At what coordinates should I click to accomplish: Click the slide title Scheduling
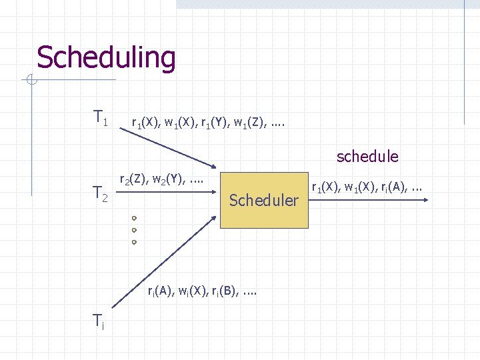pyautogui.click(x=106, y=57)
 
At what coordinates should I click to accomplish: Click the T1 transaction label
pyautogui.click(x=101, y=119)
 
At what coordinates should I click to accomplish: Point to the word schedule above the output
pyautogui.click(x=367, y=157)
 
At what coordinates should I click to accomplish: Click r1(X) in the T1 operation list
pyautogui.click(x=145, y=123)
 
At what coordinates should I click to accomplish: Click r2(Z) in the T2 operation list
pyautogui.click(x=132, y=179)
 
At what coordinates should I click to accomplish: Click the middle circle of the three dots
pyautogui.click(x=134, y=230)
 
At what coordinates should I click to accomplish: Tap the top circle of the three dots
pyautogui.click(x=134, y=218)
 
